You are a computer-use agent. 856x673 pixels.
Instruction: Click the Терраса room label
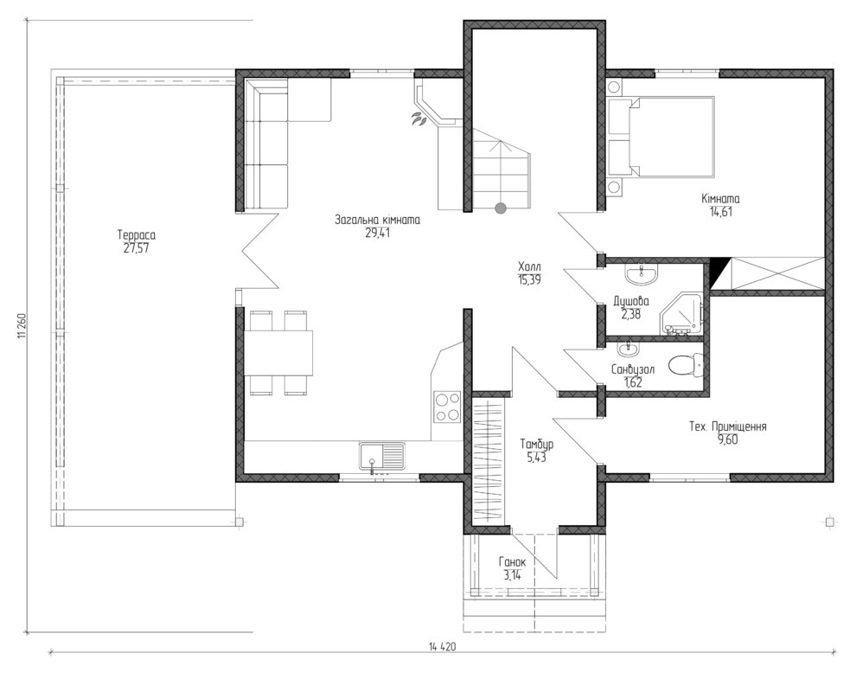(x=137, y=235)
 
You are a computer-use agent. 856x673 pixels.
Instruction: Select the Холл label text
(x=529, y=267)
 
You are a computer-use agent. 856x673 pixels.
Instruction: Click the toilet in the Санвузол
(x=687, y=365)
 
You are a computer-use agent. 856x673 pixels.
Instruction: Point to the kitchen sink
(x=382, y=456)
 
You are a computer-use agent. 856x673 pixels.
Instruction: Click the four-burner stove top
(x=447, y=407)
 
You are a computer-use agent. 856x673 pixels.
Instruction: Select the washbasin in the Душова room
(x=641, y=275)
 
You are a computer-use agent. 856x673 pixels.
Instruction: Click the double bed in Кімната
(x=672, y=137)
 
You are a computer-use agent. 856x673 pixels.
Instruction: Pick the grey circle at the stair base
(x=500, y=208)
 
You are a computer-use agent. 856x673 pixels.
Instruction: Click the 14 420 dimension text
(x=442, y=647)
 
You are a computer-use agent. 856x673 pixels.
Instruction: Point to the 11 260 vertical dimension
(x=22, y=325)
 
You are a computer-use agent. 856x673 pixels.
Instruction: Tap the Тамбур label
(x=537, y=444)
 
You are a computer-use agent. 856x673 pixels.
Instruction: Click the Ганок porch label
(x=513, y=562)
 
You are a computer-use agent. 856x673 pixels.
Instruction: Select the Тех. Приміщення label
(x=728, y=426)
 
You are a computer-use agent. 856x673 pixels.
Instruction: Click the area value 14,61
(x=720, y=211)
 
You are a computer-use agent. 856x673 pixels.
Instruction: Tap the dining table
(x=278, y=352)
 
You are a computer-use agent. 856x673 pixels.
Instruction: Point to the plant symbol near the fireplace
(x=419, y=119)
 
